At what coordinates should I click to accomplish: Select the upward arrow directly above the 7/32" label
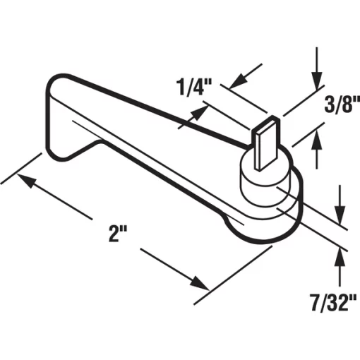point(341,260)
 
